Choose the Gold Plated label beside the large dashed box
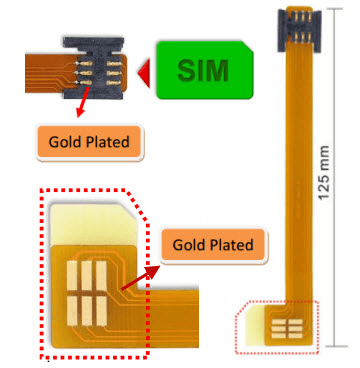[212, 244]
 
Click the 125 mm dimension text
[323, 165]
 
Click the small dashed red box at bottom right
[276, 325]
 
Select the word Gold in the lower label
[191, 244]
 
